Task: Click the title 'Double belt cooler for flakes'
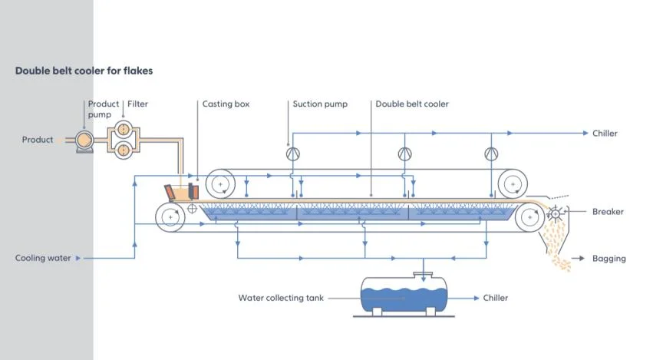pos(84,71)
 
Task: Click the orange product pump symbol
pos(82,140)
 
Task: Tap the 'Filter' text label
pos(137,104)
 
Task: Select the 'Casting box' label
pos(226,104)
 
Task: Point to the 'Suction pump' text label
pos(319,104)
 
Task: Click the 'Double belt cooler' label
pos(412,104)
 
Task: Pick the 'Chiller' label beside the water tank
pos(495,298)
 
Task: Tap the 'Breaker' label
pos(608,212)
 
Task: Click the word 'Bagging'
pos(608,259)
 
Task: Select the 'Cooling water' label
pos(43,259)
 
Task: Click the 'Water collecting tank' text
pos(294,298)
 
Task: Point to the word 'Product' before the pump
pos(38,140)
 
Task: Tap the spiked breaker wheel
pos(556,213)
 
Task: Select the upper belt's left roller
pos(220,183)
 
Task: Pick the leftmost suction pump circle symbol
pos(292,154)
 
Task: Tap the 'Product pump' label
pos(104,109)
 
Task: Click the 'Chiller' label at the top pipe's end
pos(605,134)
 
